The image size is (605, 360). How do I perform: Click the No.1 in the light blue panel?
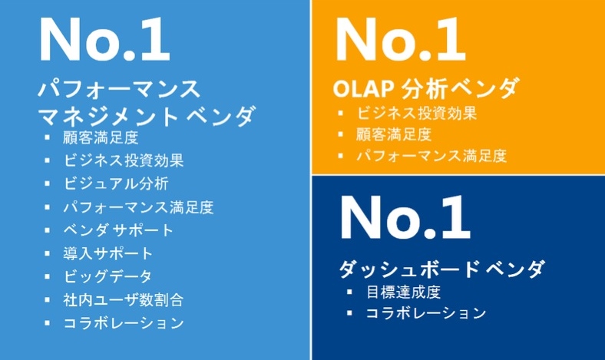coord(104,39)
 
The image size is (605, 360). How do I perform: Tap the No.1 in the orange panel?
coord(401,39)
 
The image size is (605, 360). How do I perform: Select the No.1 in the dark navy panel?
coord(405,218)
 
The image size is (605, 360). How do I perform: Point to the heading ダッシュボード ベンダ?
coord(442,268)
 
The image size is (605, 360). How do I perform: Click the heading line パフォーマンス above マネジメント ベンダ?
coord(119,89)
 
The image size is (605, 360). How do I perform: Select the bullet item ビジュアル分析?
coord(116,183)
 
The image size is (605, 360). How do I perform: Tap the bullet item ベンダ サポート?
coord(118,230)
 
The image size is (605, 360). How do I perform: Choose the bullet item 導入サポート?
coord(108,253)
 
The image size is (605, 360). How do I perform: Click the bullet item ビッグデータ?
coord(107,276)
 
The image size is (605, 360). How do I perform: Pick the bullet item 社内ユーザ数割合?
coord(123,300)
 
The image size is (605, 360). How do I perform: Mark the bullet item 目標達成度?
coord(403,292)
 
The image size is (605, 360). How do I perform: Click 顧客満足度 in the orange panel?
coord(394,134)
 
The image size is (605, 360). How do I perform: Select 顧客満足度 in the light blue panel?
coord(101,137)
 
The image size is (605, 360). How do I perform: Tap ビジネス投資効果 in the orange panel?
coord(416,113)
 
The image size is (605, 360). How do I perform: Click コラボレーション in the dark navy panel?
coord(426,313)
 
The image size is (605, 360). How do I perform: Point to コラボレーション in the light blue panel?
coord(124,323)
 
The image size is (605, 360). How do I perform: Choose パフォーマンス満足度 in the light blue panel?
coord(138,207)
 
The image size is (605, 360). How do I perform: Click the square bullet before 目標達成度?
coord(349,292)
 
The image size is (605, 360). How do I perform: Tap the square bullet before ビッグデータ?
coord(47,276)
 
